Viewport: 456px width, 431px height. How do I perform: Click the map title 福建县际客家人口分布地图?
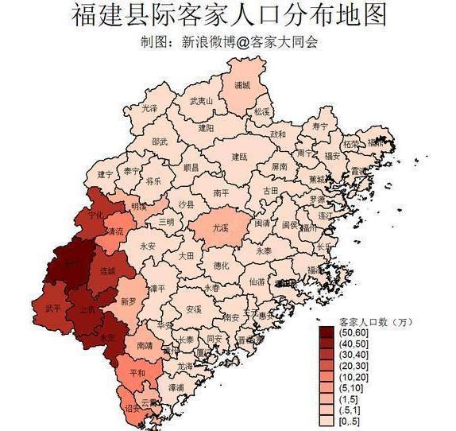pos(229,15)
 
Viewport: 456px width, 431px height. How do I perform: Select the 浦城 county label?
pos(242,84)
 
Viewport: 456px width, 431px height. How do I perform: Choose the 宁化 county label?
pos(97,215)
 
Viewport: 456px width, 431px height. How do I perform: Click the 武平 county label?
pos(53,308)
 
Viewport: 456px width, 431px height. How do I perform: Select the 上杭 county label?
pos(87,309)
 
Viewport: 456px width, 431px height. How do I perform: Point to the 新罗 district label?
pos(128,301)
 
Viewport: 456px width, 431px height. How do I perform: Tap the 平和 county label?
pos(137,372)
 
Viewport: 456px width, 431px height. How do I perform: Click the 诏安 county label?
pos(132,407)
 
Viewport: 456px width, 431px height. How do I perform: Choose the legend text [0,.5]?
pos(350,421)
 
